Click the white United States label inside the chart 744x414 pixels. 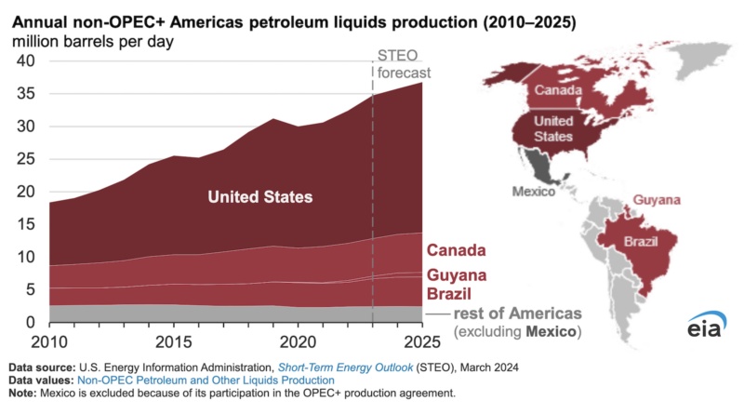(x=259, y=197)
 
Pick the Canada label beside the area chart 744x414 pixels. (x=458, y=251)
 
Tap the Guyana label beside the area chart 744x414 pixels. (x=458, y=276)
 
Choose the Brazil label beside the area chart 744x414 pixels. (x=449, y=294)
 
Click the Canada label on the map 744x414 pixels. (x=555, y=90)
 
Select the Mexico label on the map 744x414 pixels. (x=534, y=191)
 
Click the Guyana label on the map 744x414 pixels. (x=655, y=200)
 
